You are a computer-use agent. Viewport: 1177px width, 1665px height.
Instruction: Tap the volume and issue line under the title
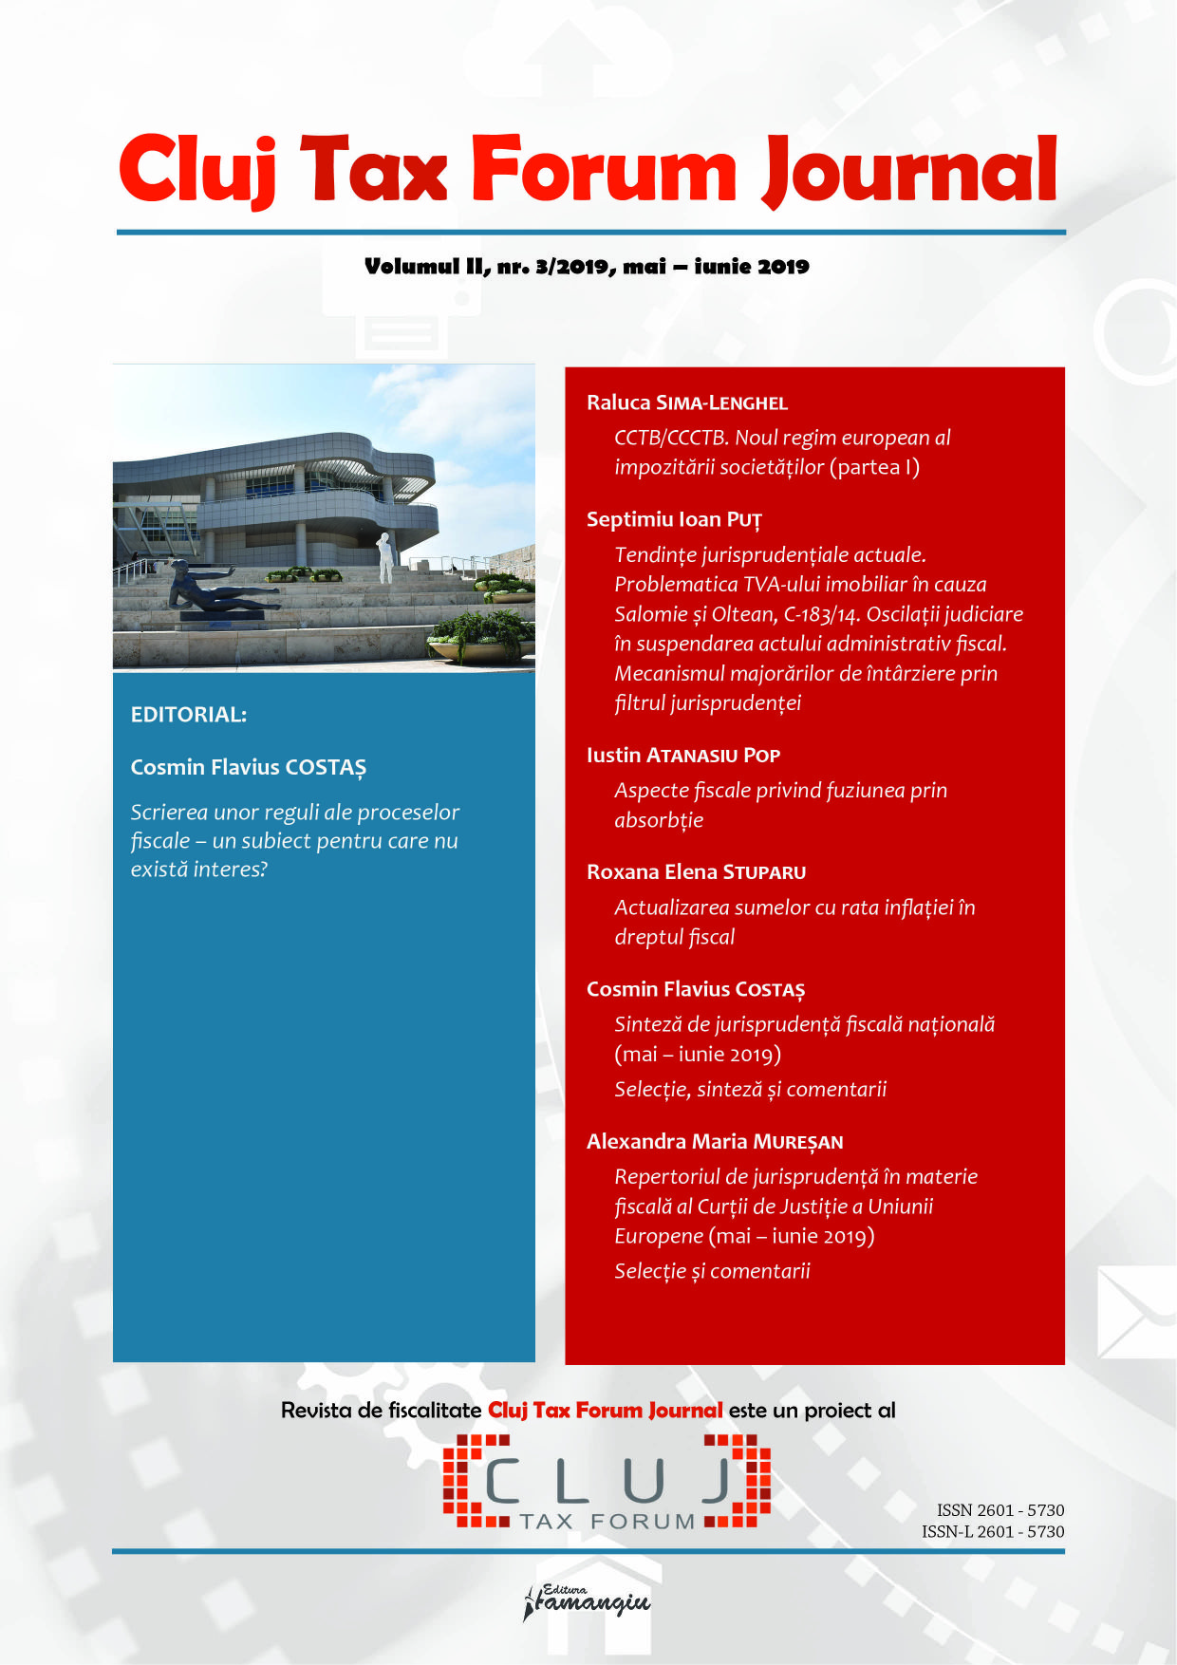tap(587, 267)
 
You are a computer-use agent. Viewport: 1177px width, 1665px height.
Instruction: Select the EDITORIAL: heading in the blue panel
tap(189, 715)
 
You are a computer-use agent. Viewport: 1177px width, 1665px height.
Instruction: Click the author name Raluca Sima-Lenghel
tap(687, 402)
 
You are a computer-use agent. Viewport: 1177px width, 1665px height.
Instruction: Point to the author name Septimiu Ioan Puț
tap(674, 519)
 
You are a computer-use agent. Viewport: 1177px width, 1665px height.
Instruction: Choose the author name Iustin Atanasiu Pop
tap(683, 756)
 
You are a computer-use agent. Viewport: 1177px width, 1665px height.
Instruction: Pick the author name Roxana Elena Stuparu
tap(696, 872)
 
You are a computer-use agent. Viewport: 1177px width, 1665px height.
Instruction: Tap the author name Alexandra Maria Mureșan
tap(715, 1142)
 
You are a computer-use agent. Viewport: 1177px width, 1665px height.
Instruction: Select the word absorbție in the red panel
tap(659, 820)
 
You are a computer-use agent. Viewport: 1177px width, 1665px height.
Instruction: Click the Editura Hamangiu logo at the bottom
tap(588, 1602)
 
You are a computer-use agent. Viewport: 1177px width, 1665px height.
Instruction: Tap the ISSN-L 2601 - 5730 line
tap(993, 1531)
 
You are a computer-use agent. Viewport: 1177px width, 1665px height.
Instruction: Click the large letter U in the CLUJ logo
tap(644, 1481)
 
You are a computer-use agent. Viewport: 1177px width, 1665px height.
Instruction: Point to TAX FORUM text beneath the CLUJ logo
tap(607, 1522)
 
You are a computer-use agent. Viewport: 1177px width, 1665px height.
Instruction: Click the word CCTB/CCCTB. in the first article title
tap(671, 438)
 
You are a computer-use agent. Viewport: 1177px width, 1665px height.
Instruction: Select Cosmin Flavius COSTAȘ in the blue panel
tap(249, 767)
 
